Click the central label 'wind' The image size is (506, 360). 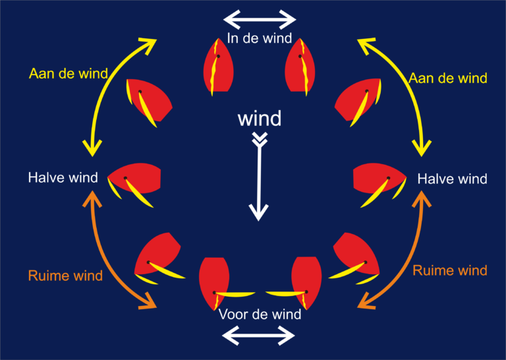[260, 119]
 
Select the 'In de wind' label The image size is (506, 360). [260, 38]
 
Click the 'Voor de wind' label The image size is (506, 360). [260, 314]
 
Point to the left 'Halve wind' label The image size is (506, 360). [63, 177]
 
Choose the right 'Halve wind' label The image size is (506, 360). [452, 179]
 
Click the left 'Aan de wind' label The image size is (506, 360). [69, 74]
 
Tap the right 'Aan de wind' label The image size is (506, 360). [448, 78]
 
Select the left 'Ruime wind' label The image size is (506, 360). [65, 276]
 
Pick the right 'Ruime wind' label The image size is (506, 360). [450, 270]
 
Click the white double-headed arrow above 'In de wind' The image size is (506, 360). [260, 19]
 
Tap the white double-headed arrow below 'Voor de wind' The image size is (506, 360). [258, 336]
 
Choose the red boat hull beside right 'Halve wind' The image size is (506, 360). [379, 178]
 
